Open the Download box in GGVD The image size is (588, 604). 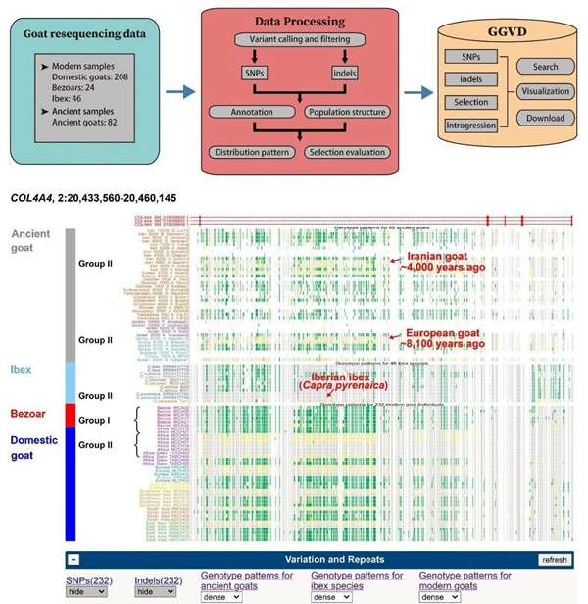[545, 119]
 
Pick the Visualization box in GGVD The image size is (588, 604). [545, 94]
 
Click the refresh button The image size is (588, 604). [554, 560]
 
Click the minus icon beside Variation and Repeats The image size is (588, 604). [73, 560]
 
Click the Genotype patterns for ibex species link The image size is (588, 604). [357, 579]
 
